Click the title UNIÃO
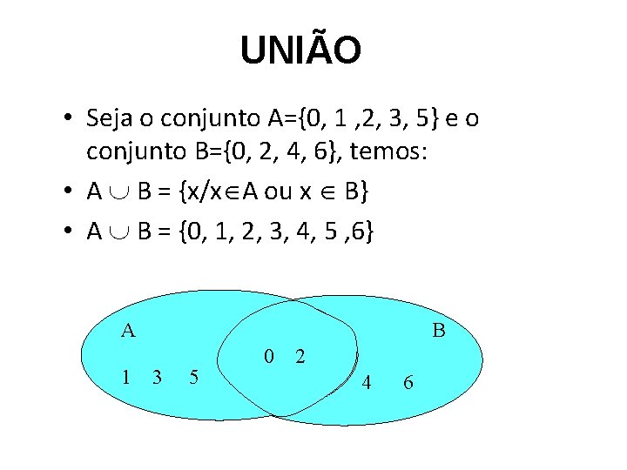point(300,50)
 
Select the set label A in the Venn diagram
point(128,330)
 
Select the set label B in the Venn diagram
point(439,331)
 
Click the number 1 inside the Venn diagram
point(128,376)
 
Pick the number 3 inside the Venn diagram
point(157,376)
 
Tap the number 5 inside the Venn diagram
point(193,377)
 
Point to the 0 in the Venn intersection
point(269,355)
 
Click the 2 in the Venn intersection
point(300,355)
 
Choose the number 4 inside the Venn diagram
point(367,381)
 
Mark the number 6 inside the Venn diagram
point(408,381)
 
